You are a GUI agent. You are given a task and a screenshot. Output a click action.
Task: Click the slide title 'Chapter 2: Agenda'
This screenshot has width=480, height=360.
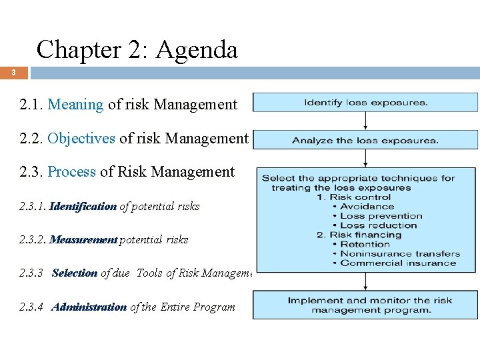click(x=137, y=49)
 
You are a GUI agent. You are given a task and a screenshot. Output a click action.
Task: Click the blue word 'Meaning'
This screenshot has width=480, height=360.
click(x=76, y=105)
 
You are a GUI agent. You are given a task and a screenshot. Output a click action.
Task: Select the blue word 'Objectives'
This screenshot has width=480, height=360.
click(x=82, y=138)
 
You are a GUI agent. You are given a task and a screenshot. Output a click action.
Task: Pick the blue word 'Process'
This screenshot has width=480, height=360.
click(x=72, y=172)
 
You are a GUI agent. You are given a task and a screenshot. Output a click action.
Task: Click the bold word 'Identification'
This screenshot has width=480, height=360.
click(x=83, y=207)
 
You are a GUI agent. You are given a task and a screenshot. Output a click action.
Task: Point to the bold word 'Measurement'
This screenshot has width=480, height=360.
click(x=84, y=239)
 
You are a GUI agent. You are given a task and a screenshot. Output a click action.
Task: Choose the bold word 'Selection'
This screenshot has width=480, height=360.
click(x=74, y=273)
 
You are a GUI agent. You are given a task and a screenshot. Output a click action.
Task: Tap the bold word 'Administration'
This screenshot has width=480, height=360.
click(x=89, y=307)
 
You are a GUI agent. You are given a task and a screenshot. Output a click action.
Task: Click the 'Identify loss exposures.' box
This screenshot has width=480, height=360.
click(x=365, y=103)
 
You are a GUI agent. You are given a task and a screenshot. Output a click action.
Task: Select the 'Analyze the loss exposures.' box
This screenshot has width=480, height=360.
click(x=365, y=140)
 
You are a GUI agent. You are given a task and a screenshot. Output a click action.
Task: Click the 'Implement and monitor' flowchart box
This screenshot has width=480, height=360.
click(x=365, y=305)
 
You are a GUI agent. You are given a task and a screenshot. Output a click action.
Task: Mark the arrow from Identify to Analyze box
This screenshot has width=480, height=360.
click(x=365, y=121)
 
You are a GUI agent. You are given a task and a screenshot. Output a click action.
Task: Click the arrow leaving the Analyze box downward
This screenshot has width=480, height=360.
click(x=365, y=158)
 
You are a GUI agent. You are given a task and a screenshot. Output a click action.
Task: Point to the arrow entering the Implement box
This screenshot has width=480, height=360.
click(x=365, y=281)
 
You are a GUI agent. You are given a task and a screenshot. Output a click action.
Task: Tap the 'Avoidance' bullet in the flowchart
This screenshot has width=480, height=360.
click(x=367, y=207)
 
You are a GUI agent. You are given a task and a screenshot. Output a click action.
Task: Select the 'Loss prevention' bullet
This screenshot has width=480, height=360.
click(x=381, y=216)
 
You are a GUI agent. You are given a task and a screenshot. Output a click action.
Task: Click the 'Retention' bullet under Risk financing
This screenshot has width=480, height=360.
click(x=365, y=244)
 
